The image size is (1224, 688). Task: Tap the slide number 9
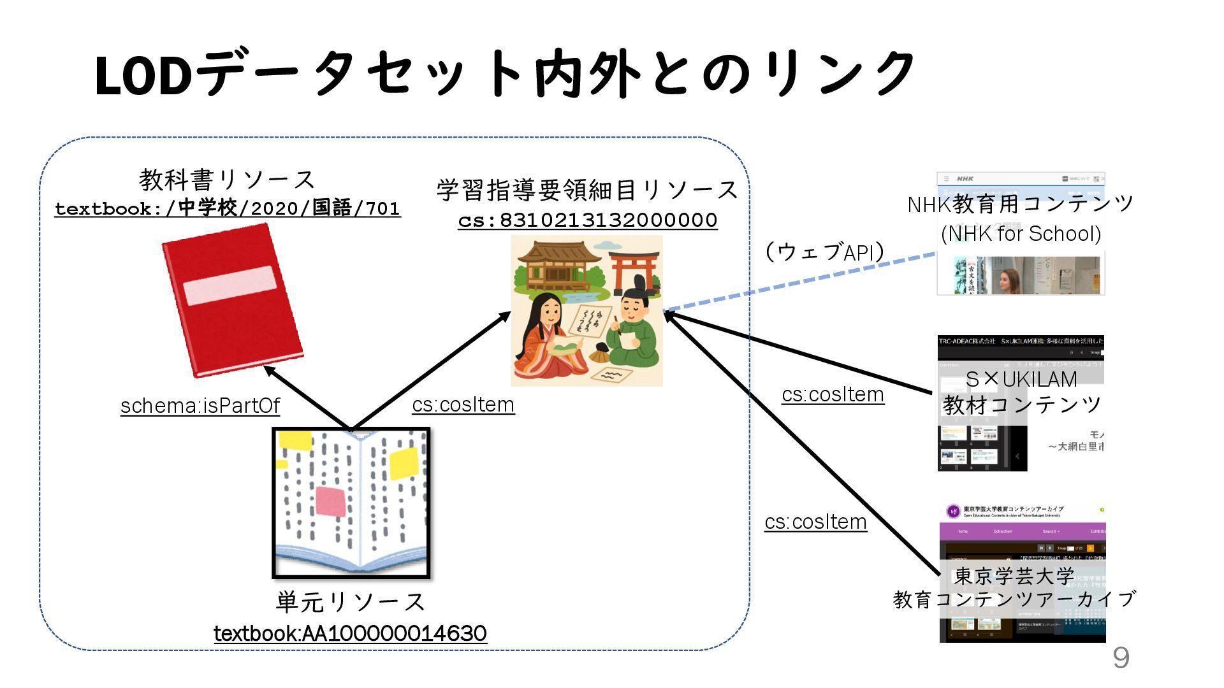tap(1121, 657)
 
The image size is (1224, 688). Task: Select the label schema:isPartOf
tap(200, 406)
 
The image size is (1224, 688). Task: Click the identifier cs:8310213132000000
tap(587, 220)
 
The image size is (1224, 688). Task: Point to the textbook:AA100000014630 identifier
tap(350, 634)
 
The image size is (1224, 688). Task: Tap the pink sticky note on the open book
tap(331, 501)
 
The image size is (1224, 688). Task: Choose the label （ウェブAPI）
tap(825, 252)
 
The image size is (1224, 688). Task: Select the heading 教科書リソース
tap(227, 180)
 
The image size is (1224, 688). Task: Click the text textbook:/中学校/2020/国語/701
tap(228, 209)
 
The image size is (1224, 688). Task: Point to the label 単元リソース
tap(350, 602)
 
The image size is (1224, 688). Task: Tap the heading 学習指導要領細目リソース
tap(586, 190)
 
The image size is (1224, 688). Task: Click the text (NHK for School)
tap(1021, 234)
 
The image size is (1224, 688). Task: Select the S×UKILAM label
tap(1021, 380)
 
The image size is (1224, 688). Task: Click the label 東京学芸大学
tap(1014, 576)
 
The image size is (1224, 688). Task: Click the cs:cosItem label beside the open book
tap(463, 405)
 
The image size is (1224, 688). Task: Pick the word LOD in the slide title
tap(143, 76)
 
